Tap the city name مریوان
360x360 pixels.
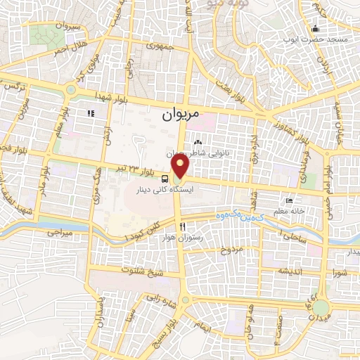(x=181, y=112)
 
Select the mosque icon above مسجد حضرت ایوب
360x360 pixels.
(x=315, y=28)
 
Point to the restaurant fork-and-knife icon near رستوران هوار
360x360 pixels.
(x=183, y=226)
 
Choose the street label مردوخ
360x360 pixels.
(x=231, y=250)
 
